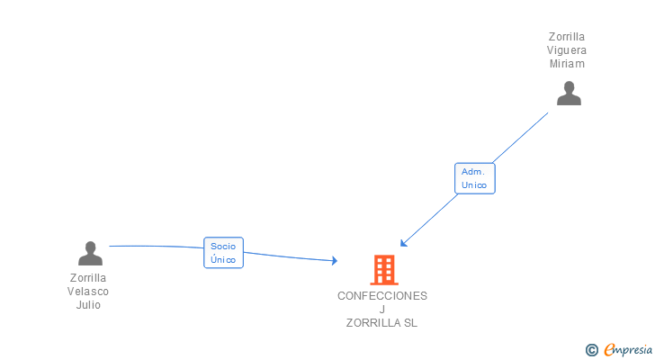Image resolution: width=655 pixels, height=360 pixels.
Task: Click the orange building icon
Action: coord(383,269)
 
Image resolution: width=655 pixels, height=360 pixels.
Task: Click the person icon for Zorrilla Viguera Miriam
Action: coord(569,94)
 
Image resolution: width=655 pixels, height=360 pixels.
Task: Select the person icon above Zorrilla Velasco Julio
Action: coord(90,253)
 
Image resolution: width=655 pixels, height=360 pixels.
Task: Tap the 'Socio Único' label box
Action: coord(223,253)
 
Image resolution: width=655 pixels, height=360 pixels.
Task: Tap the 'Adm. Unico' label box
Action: coord(474,178)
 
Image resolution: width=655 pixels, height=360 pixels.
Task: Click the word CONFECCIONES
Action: coord(382,295)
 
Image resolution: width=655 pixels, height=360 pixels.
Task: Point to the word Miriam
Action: coord(568,64)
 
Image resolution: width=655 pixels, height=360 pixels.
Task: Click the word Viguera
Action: coord(568,50)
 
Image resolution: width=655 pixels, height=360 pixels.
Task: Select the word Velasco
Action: coord(88,292)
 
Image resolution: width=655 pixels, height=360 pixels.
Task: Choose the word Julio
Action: coord(88,305)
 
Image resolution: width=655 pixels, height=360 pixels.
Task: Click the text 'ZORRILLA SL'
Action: coord(382,323)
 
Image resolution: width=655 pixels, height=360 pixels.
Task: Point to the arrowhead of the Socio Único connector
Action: coord(335,261)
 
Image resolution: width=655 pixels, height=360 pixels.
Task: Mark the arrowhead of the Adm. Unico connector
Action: coord(403,243)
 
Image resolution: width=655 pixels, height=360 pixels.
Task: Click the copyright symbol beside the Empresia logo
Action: coord(591,350)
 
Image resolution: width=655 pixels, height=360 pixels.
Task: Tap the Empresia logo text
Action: coord(628,349)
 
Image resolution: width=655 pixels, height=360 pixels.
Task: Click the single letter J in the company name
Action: coord(382,310)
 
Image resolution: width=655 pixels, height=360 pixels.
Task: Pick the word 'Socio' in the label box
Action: coord(223,246)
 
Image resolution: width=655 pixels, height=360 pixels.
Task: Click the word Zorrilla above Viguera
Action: coord(568,37)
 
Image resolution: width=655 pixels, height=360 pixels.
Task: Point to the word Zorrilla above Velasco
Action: coord(88,278)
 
